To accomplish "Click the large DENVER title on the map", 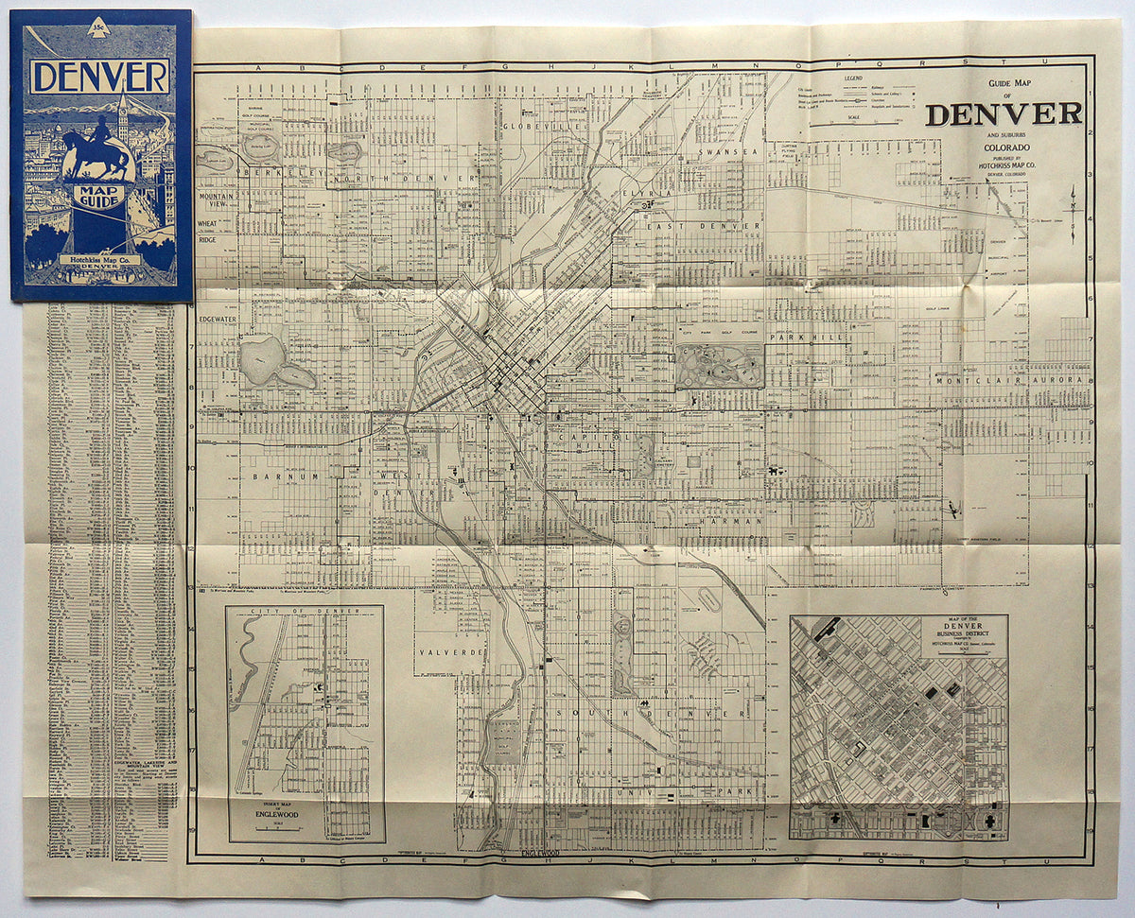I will (1004, 114).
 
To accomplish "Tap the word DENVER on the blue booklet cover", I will (99, 76).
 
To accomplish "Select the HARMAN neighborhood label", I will (732, 521).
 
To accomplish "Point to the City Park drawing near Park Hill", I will (719, 366).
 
